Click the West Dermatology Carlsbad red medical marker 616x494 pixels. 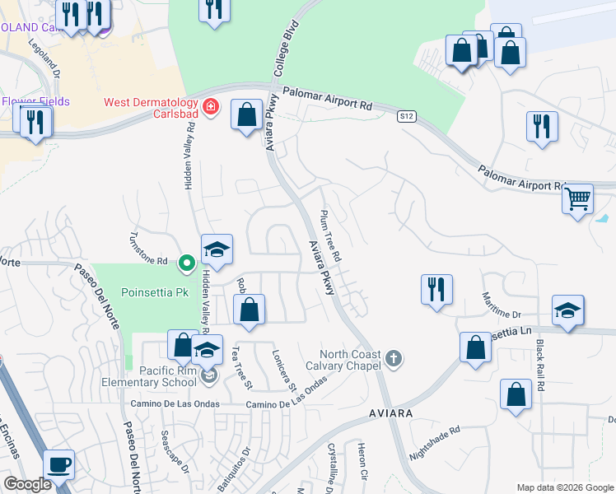[x=210, y=107]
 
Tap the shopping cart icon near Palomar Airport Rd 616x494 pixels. [x=578, y=198]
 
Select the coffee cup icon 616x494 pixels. [x=58, y=464]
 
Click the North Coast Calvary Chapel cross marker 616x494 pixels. [x=394, y=358]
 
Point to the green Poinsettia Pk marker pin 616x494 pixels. [x=186, y=263]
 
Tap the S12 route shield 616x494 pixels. [x=406, y=117]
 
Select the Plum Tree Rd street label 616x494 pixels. [x=331, y=236]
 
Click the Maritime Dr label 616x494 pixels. [x=502, y=305]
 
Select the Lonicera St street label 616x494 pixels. [x=284, y=370]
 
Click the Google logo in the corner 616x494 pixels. [x=27, y=485]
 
